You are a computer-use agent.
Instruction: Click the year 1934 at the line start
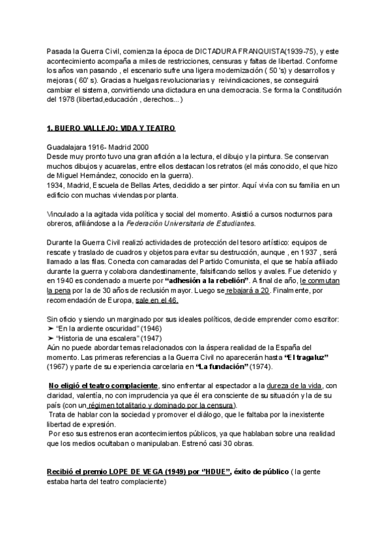(56, 185)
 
